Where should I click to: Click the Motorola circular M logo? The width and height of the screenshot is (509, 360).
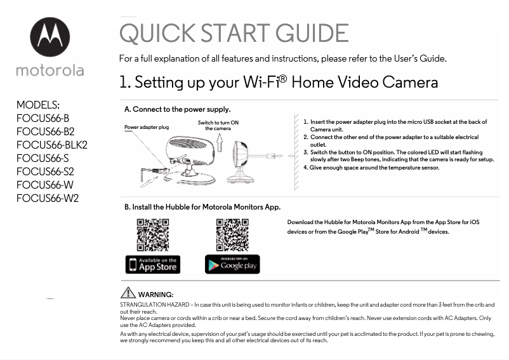click(x=50, y=37)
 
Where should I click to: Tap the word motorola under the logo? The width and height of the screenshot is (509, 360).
click(x=50, y=70)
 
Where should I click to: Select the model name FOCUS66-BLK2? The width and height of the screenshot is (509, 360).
click(x=52, y=145)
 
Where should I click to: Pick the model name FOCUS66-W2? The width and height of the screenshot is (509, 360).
click(x=48, y=198)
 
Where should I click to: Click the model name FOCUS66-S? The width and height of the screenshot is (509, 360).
click(x=43, y=158)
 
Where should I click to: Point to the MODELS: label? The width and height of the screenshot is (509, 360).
click(x=38, y=105)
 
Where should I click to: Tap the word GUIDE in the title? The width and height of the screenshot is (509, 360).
click(x=312, y=33)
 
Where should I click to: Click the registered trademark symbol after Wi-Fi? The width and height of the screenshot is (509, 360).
click(x=282, y=79)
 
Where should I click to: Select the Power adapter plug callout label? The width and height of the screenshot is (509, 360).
click(x=147, y=127)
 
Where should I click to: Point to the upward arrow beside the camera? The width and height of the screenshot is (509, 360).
click(x=220, y=142)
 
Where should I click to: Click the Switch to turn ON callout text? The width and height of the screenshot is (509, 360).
click(x=218, y=125)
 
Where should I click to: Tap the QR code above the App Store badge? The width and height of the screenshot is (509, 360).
click(x=153, y=235)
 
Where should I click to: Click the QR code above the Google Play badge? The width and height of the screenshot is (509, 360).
click(x=232, y=235)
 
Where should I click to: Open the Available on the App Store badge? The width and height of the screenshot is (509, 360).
click(x=153, y=264)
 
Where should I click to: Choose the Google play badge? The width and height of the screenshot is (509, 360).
click(x=232, y=264)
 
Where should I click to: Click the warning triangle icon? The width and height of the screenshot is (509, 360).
click(x=128, y=293)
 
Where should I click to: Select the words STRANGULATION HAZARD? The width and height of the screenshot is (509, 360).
click(x=154, y=305)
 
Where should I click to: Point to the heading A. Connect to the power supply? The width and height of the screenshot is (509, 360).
click(x=178, y=109)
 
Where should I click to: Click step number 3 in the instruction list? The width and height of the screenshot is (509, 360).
click(x=305, y=152)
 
